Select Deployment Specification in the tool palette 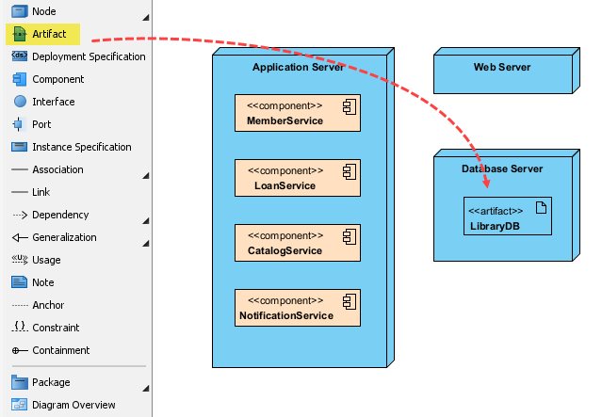(88, 56)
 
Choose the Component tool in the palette (57, 79)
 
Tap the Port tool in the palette (41, 124)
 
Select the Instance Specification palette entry (81, 147)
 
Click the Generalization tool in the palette (64, 237)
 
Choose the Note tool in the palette (42, 282)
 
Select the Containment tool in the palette (60, 350)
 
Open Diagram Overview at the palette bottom (73, 405)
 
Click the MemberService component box (298, 113)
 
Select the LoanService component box (298, 178)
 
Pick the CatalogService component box (298, 243)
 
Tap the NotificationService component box (298, 308)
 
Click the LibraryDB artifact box (507, 216)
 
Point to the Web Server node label (501, 67)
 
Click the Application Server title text (298, 67)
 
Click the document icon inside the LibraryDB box (541, 208)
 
